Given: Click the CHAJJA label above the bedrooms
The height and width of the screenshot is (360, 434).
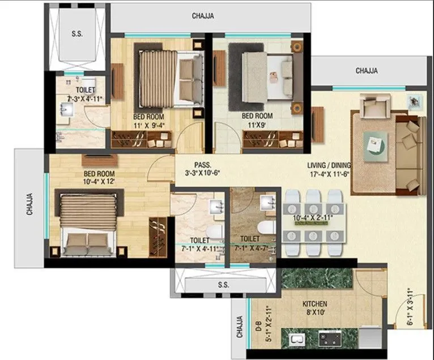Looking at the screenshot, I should (203, 16).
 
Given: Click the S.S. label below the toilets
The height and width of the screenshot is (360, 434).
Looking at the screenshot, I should (223, 285).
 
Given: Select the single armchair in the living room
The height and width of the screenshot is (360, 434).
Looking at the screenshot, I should (376, 105).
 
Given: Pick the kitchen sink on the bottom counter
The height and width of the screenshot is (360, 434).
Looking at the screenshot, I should (296, 340).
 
